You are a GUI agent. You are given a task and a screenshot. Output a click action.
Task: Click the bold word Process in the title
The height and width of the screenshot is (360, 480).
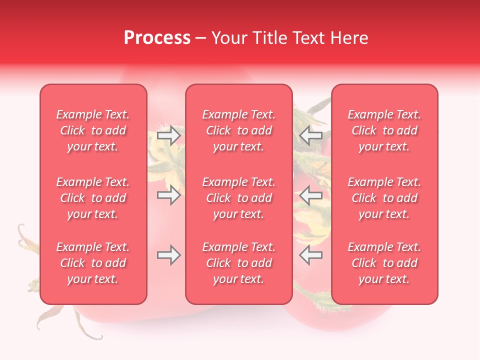pyautogui.click(x=157, y=38)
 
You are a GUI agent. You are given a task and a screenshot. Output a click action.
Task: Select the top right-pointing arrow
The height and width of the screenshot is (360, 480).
pyautogui.click(x=169, y=135)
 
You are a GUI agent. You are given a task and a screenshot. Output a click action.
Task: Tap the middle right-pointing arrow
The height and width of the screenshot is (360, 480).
pyautogui.click(x=169, y=195)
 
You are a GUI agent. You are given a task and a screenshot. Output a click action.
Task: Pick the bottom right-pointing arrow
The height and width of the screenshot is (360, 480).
pyautogui.click(x=169, y=255)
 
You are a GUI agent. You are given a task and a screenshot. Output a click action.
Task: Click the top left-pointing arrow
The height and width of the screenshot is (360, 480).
pyautogui.click(x=310, y=135)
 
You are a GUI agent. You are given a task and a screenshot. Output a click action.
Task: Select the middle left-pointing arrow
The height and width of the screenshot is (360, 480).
pyautogui.click(x=310, y=195)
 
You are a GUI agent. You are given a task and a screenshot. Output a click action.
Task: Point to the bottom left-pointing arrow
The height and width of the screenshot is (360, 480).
pyautogui.click(x=310, y=255)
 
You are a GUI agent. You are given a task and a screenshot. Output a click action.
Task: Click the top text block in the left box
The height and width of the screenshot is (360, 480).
pyautogui.click(x=93, y=130)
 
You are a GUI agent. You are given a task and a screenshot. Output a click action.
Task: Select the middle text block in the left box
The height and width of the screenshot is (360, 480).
pyautogui.click(x=93, y=198)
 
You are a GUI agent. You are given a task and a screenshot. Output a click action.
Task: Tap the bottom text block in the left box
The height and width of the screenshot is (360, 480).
pyautogui.click(x=93, y=263)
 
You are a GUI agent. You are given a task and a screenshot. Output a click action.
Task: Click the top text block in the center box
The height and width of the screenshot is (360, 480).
pyautogui.click(x=238, y=130)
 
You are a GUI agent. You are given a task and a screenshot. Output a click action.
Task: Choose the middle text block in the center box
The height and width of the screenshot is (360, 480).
pyautogui.click(x=238, y=198)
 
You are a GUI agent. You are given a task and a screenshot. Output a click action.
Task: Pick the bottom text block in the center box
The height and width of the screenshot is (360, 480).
pyautogui.click(x=238, y=263)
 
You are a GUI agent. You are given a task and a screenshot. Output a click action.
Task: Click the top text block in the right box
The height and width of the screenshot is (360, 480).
pyautogui.click(x=384, y=130)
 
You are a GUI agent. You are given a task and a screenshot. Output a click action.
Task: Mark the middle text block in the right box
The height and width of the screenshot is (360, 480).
pyautogui.click(x=384, y=198)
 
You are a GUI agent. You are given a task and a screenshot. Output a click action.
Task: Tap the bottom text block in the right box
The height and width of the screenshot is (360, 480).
pyautogui.click(x=384, y=263)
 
